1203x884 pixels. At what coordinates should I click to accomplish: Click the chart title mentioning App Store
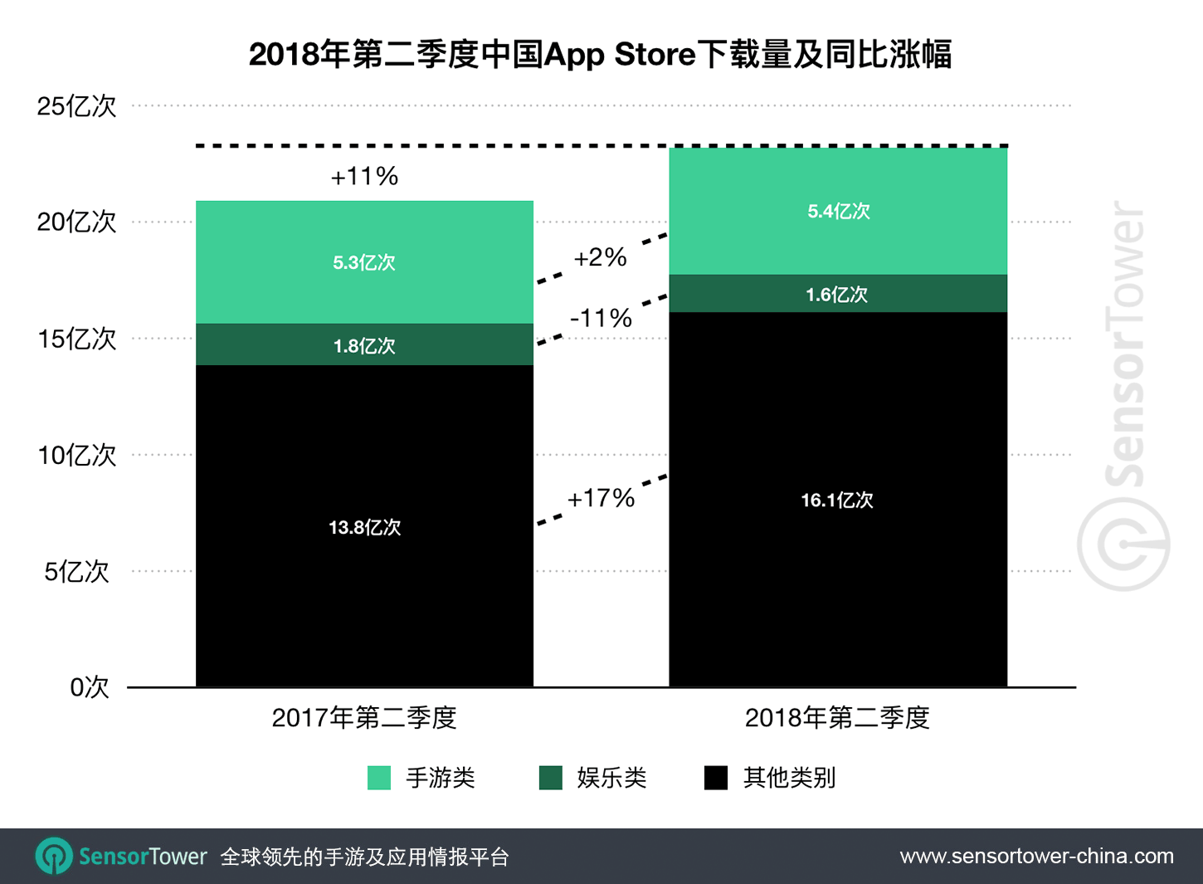600,55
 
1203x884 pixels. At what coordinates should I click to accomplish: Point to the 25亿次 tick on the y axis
76,106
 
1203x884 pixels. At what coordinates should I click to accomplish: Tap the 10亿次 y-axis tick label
76,455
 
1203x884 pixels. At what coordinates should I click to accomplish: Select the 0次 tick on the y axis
90,687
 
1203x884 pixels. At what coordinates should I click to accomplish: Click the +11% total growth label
364,176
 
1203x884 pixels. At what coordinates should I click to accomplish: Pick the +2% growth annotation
600,257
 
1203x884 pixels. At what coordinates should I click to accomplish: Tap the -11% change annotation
601,318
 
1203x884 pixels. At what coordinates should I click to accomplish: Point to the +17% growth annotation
601,498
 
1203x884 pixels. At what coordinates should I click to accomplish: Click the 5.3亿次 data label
364,263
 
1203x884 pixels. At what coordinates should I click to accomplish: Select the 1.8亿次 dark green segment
364,345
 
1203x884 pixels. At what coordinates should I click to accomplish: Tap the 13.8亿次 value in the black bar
364,527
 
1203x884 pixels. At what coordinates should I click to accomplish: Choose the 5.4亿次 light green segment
838,212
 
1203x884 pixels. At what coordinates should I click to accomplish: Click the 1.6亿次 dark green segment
837,295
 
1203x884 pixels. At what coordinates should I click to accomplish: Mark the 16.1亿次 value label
837,500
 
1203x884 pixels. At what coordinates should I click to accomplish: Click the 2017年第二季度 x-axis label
364,717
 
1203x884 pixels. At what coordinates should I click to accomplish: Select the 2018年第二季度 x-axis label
837,717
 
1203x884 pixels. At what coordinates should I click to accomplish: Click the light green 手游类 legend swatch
379,778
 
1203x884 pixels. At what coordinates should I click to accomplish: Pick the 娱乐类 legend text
611,778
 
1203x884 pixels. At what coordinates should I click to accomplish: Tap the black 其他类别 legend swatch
715,778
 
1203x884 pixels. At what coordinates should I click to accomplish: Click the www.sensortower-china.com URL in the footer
1036,856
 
